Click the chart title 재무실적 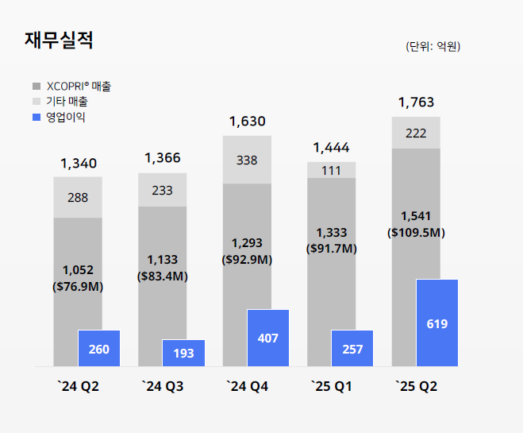pyautogui.click(x=60, y=41)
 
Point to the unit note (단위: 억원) pyautogui.click(x=433, y=47)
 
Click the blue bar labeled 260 pyautogui.click(x=99, y=349)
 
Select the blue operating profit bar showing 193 pyautogui.click(x=183, y=353)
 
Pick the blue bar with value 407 pyautogui.click(x=268, y=338)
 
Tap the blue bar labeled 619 pyautogui.click(x=437, y=323)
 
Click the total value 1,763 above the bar pyautogui.click(x=416, y=102)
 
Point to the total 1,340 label pyautogui.click(x=79, y=164)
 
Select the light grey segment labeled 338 pyautogui.click(x=247, y=160)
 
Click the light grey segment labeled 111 pyautogui.click(x=331, y=170)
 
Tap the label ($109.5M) pyautogui.click(x=416, y=233)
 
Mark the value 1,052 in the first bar pyautogui.click(x=78, y=269)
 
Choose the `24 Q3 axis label pyautogui.click(x=163, y=387)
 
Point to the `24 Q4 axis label pyautogui.click(x=247, y=387)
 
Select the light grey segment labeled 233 pyautogui.click(x=163, y=190)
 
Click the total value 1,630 pyautogui.click(x=247, y=122)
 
